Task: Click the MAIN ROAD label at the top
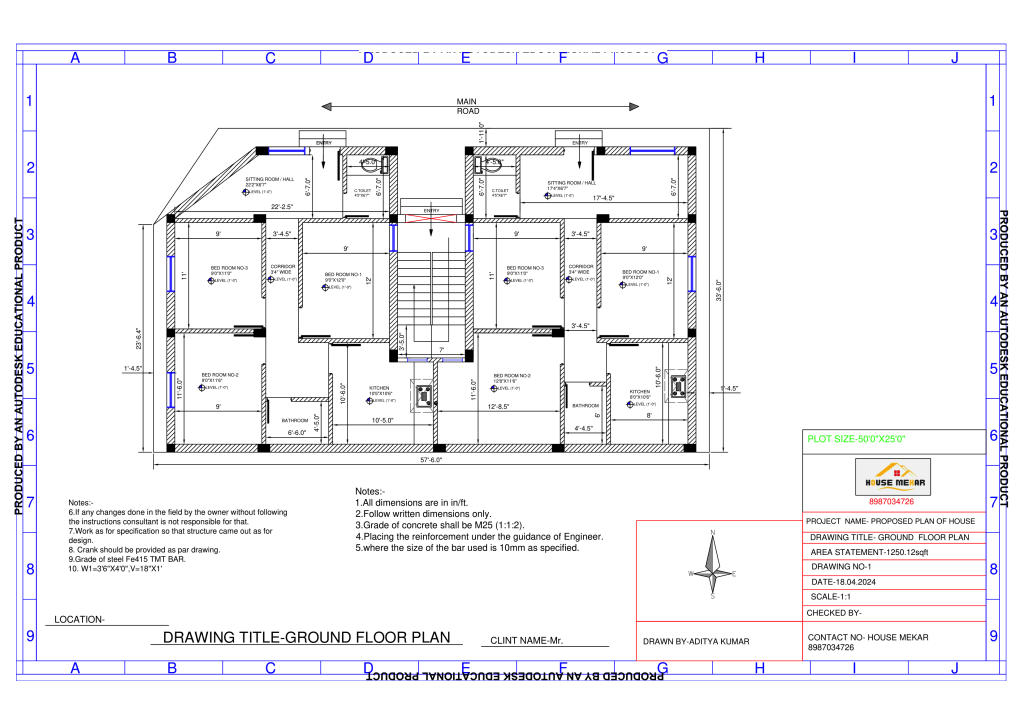coord(467,106)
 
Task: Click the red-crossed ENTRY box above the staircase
coord(432,214)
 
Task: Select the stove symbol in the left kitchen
coord(424,395)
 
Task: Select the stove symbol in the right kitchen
coord(680,384)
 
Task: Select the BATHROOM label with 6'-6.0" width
coord(295,420)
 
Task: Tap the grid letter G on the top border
coord(662,58)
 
